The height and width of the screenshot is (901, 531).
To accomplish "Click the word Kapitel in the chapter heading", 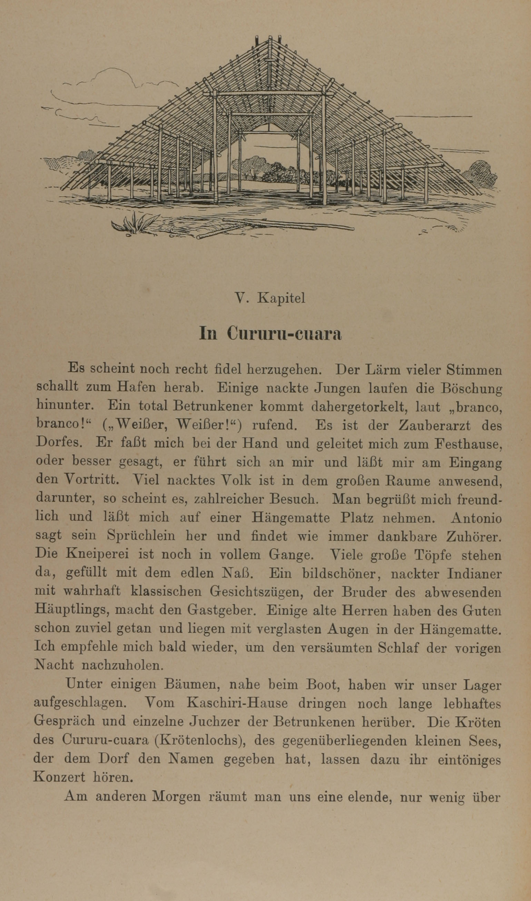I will [x=281, y=298].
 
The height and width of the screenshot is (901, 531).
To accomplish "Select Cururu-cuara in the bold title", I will [x=284, y=334].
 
